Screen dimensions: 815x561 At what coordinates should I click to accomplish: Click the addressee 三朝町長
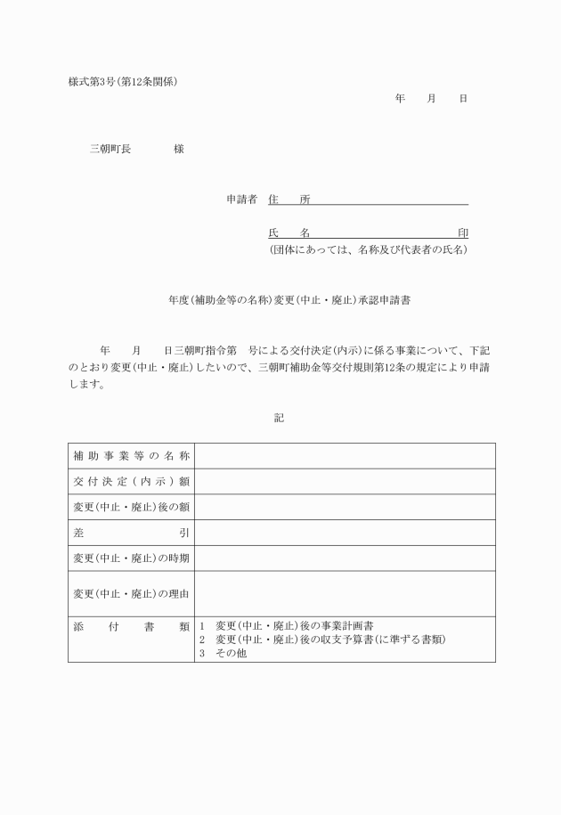[110, 149]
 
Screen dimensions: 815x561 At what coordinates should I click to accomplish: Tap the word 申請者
[241, 200]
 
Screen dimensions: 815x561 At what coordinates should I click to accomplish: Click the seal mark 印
[462, 232]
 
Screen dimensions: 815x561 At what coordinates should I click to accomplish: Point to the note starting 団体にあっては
[368, 250]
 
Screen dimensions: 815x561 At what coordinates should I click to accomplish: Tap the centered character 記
[280, 417]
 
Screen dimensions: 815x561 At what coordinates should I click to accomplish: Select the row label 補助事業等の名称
[131, 456]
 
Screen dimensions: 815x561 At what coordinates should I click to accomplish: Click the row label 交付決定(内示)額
[131, 482]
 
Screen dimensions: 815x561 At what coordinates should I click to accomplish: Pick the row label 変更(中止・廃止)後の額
[131, 507]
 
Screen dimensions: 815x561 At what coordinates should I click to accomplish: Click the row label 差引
[131, 533]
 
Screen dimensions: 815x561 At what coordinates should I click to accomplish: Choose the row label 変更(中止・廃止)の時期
[131, 558]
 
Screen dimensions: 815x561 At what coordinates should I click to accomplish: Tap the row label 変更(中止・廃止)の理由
[131, 593]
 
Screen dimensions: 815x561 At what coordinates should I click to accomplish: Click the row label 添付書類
[131, 626]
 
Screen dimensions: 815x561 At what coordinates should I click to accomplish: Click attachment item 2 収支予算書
[321, 640]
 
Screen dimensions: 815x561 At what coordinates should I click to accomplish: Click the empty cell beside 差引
[345, 533]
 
